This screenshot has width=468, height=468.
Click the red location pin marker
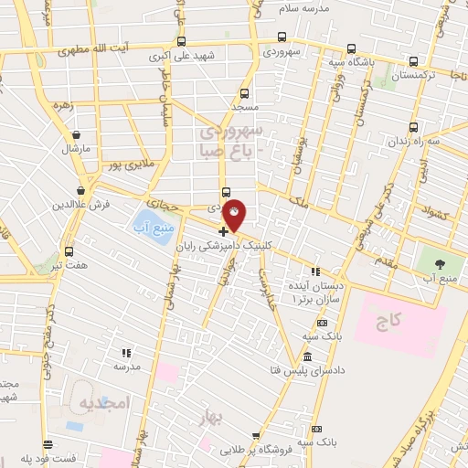[x=235, y=217]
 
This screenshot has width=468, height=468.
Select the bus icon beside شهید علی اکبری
[x=182, y=41]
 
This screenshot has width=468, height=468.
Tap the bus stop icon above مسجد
[x=243, y=92]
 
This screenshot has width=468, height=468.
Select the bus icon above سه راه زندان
[x=414, y=127]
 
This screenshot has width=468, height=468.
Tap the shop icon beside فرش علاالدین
[x=81, y=190]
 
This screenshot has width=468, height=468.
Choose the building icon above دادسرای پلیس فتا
[x=308, y=356]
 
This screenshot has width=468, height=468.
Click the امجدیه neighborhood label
[x=106, y=403]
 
